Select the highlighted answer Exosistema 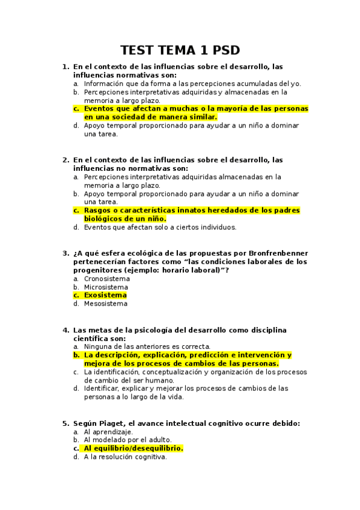point(105,295)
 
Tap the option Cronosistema point(106,279)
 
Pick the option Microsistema point(106,287)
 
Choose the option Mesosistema point(106,304)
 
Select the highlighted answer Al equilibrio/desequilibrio point(133,448)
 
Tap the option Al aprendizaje point(108,432)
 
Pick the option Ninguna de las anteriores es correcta point(147,346)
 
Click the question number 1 point(65,67)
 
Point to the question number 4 point(65,330)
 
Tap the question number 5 point(65,423)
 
